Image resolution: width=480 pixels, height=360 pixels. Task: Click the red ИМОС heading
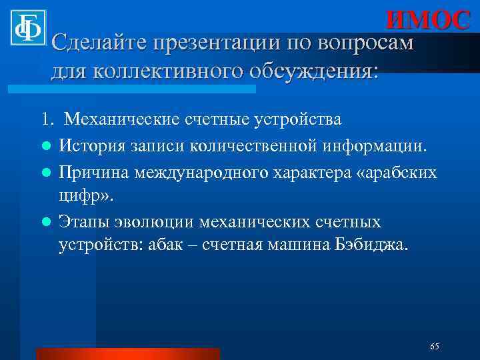point(428,20)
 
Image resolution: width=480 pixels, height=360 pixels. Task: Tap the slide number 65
point(435,346)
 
